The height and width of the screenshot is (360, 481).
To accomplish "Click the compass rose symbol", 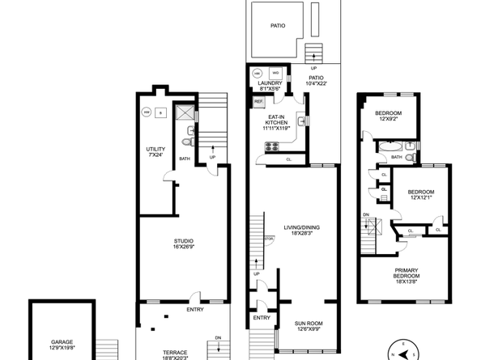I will coord(402,351).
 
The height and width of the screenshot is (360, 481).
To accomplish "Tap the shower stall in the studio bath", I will coord(184,114).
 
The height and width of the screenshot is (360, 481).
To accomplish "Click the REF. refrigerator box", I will coord(259,102).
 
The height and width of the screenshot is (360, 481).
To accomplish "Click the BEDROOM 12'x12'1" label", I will coord(419,194).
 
